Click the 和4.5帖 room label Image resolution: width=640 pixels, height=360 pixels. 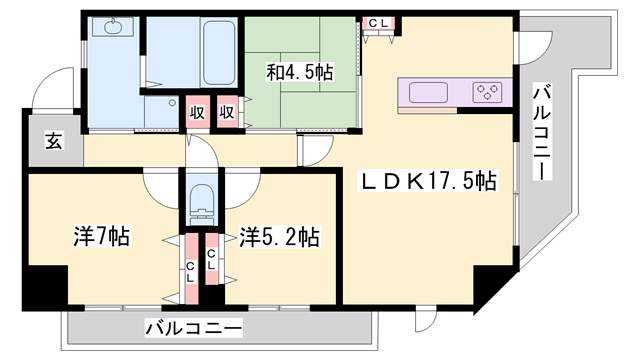pyautogui.click(x=300, y=72)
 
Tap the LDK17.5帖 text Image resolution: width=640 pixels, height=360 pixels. pyautogui.click(x=428, y=182)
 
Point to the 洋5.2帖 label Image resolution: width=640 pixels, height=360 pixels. pyautogui.click(x=279, y=237)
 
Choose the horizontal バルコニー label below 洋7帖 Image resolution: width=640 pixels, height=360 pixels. pyautogui.click(x=193, y=327)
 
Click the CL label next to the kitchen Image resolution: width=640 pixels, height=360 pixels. pyautogui.click(x=379, y=22)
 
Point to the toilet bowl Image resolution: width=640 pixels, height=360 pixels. pyautogui.click(x=201, y=199)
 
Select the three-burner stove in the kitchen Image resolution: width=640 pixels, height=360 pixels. pyautogui.click(x=488, y=94)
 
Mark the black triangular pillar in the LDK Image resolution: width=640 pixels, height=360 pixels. pyautogui.click(x=489, y=286)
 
